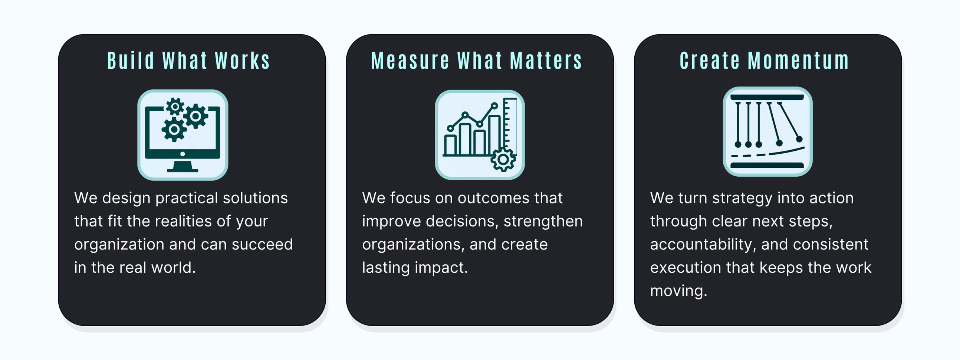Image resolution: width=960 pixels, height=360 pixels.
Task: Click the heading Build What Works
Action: tap(188, 61)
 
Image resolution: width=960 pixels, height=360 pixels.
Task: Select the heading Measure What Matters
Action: tap(476, 61)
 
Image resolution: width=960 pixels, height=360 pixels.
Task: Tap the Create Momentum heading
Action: tap(765, 61)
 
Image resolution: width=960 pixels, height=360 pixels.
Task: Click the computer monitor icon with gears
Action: tap(183, 135)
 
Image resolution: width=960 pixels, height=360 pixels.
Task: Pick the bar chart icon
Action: tap(480, 135)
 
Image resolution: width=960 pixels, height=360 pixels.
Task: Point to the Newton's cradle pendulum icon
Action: tap(768, 131)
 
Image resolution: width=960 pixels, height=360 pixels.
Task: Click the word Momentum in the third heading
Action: tap(799, 61)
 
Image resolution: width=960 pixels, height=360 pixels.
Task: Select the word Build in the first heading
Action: tap(131, 61)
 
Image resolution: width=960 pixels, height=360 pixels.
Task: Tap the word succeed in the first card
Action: tap(262, 245)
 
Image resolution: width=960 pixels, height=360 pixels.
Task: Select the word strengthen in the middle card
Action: tap(543, 221)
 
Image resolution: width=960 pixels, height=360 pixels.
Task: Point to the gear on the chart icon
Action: tap(503, 160)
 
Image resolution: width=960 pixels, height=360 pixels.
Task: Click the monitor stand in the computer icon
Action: tap(183, 167)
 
